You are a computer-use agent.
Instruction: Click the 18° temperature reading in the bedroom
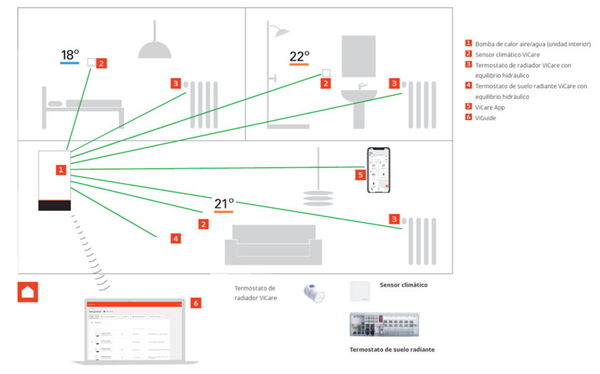click(69, 54)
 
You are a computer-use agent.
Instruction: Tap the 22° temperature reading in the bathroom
click(299, 56)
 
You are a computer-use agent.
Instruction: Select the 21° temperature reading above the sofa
click(224, 204)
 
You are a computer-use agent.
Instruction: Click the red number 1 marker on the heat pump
click(62, 170)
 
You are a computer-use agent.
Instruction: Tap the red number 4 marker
click(175, 238)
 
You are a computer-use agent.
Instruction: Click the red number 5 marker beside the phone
click(360, 174)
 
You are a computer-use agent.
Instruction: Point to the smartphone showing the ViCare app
click(379, 170)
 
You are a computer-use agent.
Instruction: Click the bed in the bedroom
click(82, 108)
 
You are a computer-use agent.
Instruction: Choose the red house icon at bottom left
click(27, 292)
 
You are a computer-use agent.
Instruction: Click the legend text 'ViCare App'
click(490, 107)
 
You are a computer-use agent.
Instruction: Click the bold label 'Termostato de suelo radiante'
click(392, 349)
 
